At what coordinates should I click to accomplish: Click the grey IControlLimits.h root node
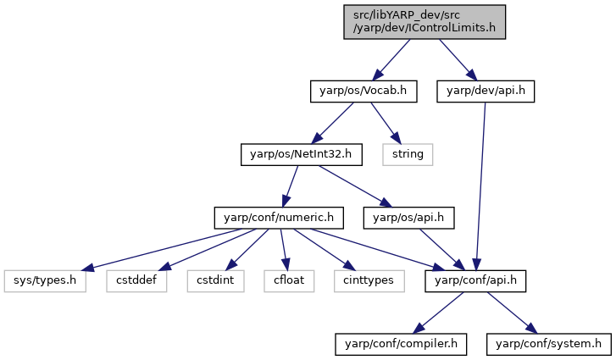[x=425, y=22]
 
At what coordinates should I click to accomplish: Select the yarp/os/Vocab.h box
[x=363, y=91]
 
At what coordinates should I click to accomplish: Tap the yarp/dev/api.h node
[x=486, y=91]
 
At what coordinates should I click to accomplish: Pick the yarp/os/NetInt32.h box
[x=302, y=155]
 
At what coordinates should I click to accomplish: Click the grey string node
[x=408, y=155]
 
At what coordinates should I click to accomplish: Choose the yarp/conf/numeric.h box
[x=279, y=218]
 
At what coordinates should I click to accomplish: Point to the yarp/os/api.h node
[x=408, y=218]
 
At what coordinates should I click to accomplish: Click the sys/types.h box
[x=45, y=281]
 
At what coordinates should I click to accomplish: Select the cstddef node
[x=136, y=281]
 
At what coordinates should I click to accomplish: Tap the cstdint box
[x=215, y=281]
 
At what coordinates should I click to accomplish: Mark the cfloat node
[x=289, y=281]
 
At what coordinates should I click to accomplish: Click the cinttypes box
[x=369, y=281]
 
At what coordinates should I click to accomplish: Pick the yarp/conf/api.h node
[x=475, y=281]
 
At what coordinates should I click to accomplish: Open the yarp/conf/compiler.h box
[x=401, y=345]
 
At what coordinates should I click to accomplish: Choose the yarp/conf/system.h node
[x=549, y=345]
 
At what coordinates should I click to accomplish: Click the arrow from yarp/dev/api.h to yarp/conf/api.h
[x=480, y=186]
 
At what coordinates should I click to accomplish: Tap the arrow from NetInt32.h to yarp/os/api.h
[x=356, y=186]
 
